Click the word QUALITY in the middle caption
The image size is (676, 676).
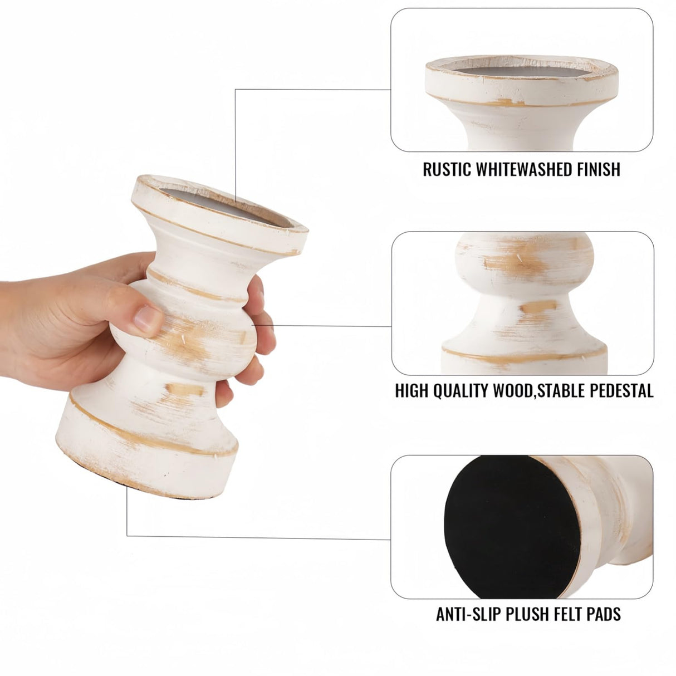(x=456, y=391)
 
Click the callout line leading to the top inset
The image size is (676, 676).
(x=312, y=89)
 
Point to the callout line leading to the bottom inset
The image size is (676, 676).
(x=256, y=537)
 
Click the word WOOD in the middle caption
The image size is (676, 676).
(x=512, y=391)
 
